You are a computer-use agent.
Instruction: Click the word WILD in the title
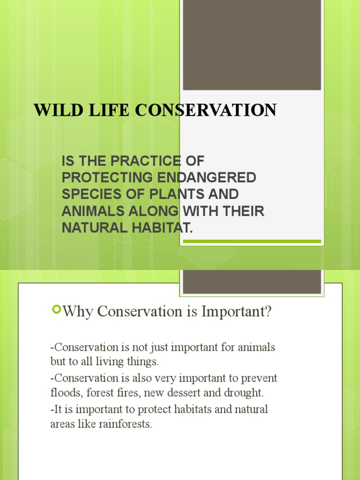(x=59, y=110)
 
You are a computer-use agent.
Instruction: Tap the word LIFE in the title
(x=109, y=110)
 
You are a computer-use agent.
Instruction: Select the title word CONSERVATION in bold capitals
(x=206, y=110)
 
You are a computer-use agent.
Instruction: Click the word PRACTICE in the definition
(x=146, y=161)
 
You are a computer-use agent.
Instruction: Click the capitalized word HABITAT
(x=162, y=228)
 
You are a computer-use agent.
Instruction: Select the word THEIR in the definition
(x=243, y=211)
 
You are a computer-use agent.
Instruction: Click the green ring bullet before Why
(x=57, y=309)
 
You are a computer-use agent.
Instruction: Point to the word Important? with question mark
(x=236, y=312)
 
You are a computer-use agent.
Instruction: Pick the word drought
(x=244, y=393)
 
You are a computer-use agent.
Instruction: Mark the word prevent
(x=259, y=378)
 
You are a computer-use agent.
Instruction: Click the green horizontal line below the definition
(x=252, y=241)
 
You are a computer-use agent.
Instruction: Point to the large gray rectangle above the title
(x=252, y=45)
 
